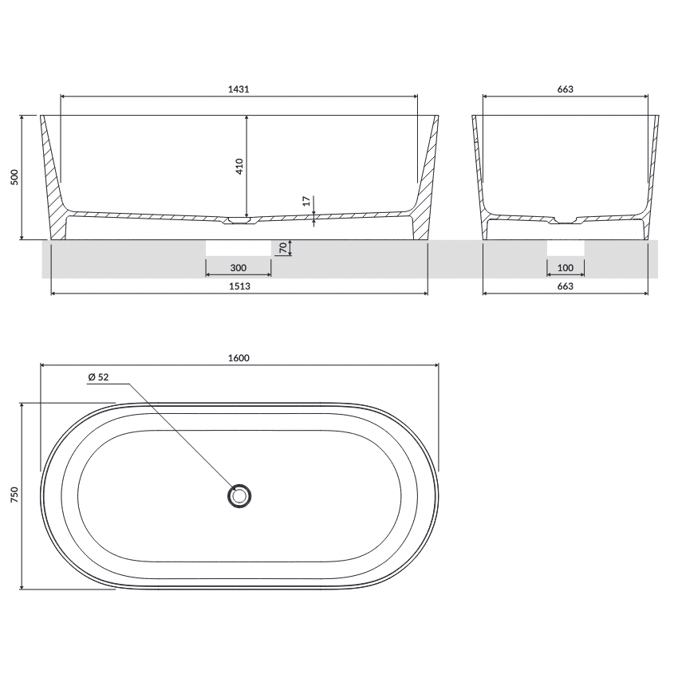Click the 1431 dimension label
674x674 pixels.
[238, 89]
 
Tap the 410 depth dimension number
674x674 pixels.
[239, 167]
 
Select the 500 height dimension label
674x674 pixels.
[14, 177]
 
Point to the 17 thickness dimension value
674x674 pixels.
[306, 201]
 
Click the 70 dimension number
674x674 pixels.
[282, 247]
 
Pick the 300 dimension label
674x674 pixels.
[238, 268]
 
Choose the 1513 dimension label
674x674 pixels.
[239, 286]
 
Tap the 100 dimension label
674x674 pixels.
[566, 268]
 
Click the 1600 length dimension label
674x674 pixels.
[238, 357]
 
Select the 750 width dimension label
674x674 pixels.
[14, 495]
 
